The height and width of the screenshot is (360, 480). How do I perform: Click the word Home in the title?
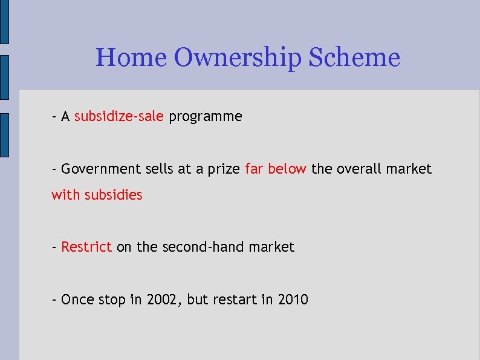(x=131, y=58)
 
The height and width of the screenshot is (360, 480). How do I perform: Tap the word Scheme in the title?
(x=354, y=58)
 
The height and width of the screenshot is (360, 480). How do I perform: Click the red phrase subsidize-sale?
(x=119, y=116)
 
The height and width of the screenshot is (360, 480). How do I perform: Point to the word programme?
(x=206, y=117)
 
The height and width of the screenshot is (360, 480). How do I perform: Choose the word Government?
(x=101, y=169)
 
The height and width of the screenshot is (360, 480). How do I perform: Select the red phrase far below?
(x=276, y=169)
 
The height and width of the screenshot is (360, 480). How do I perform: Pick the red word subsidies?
(x=114, y=195)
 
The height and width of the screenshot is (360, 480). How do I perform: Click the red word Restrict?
(x=86, y=247)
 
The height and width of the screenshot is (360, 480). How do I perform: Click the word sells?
(x=160, y=169)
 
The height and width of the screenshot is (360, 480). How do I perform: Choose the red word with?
(x=65, y=195)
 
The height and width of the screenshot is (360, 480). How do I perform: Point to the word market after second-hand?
(x=271, y=247)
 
